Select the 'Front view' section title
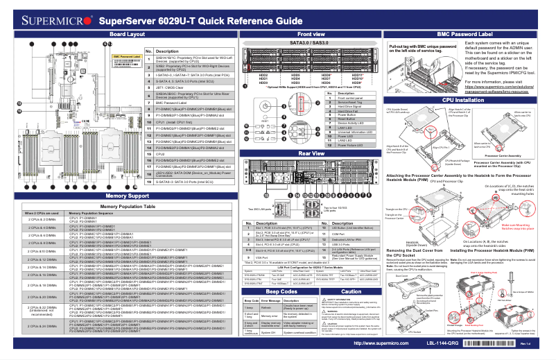310,33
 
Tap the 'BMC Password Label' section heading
465,33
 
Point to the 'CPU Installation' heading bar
465,101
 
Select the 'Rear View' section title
310,153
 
